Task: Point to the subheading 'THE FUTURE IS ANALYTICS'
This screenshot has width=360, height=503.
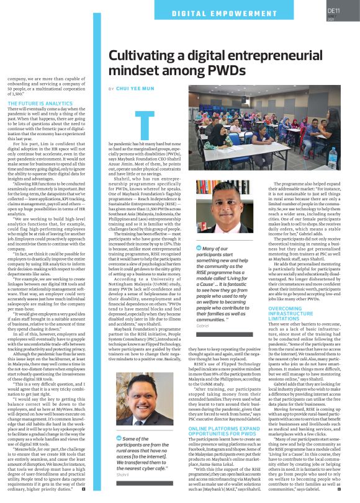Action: coord(40,102)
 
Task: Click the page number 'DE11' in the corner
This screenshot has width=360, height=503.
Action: coord(333,11)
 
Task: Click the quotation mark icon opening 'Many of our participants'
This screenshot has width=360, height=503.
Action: coord(199,248)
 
